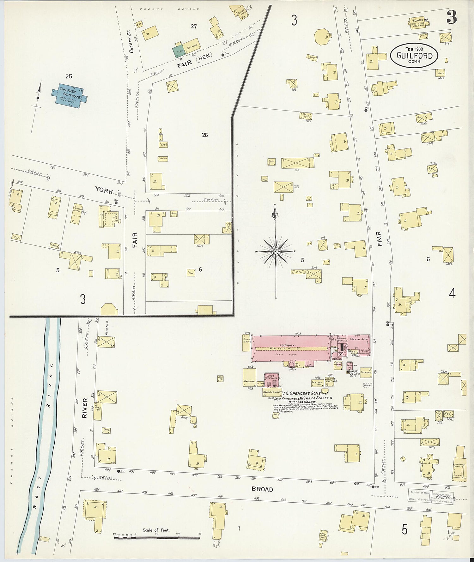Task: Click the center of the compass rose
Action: pyautogui.click(x=276, y=251)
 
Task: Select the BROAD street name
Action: pyautogui.click(x=262, y=489)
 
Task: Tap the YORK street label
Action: pyautogui.click(x=104, y=191)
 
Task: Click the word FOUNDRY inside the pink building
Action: pyautogui.click(x=287, y=345)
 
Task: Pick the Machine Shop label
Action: pyautogui.click(x=359, y=339)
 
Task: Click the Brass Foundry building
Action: pyautogui.click(x=272, y=392)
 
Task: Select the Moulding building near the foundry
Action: pyautogui.click(x=249, y=377)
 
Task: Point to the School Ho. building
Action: pyautogui.click(x=420, y=23)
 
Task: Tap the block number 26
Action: pyautogui.click(x=205, y=135)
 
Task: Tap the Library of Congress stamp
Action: pyautogui.click(x=430, y=497)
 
